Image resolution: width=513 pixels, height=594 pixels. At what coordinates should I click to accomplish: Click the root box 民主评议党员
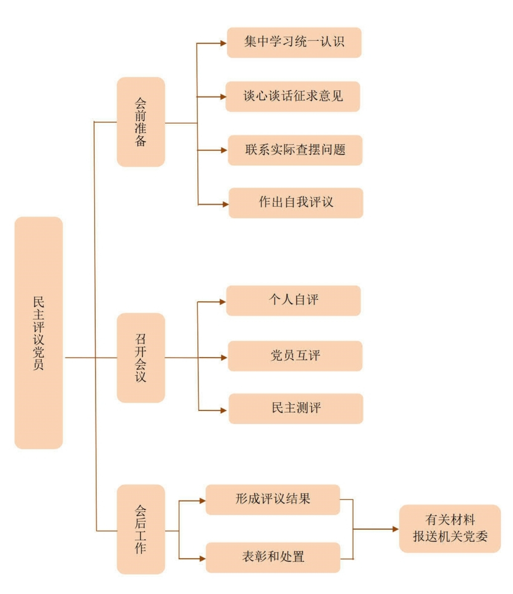tap(39, 332)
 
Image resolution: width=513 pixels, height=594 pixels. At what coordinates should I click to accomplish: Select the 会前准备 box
tap(141, 122)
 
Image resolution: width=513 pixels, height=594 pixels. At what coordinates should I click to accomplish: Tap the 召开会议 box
tap(141, 357)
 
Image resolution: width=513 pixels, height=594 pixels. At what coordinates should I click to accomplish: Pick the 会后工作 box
tap(141, 529)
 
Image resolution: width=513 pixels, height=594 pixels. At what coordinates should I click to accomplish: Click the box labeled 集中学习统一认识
tap(294, 42)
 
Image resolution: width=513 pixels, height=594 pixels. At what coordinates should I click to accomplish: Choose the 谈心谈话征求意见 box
tap(293, 96)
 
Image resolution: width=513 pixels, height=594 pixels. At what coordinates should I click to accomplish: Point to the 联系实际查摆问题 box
tap(295, 150)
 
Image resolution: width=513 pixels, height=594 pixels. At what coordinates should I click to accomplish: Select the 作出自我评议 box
tap(296, 203)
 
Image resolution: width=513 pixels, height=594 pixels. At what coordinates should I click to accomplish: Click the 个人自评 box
tap(294, 300)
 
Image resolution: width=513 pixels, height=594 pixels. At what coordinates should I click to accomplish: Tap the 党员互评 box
tap(295, 356)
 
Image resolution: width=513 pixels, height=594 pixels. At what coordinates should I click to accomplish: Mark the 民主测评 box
tap(296, 408)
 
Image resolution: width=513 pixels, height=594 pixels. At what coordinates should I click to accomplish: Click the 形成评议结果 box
tap(273, 499)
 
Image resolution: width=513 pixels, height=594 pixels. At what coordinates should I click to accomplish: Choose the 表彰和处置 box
tap(273, 557)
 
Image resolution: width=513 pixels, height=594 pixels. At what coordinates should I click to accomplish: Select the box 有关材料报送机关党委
tap(450, 528)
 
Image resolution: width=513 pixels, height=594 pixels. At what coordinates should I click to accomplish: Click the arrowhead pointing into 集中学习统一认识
tap(224, 43)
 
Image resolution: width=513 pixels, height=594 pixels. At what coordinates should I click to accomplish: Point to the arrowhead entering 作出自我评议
tap(226, 205)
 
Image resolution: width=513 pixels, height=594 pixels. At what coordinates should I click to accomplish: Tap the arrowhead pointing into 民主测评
tap(224, 410)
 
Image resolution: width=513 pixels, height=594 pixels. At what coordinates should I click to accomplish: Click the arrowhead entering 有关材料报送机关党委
tap(396, 529)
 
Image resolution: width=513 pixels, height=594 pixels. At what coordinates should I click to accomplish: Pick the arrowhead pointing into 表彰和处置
tap(202, 559)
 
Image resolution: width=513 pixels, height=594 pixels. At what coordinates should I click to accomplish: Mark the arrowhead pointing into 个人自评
tap(223, 302)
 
